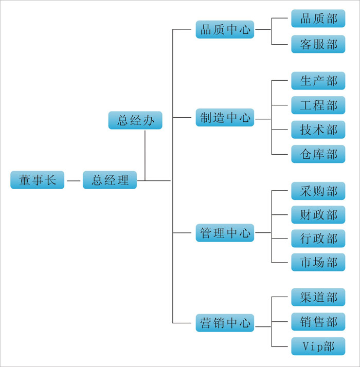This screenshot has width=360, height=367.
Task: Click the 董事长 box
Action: coord(38,180)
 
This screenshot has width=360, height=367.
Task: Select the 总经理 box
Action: coord(110,180)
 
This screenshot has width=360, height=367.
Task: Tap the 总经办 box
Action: coord(135,120)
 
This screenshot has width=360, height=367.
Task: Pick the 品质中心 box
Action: coord(225,29)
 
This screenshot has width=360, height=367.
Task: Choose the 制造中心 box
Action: coord(225,118)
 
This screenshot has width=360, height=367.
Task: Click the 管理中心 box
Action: coord(225,233)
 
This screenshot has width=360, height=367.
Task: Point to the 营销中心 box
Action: coord(225,323)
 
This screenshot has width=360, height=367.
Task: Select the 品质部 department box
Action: coord(318,19)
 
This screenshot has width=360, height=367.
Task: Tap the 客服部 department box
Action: coord(318,44)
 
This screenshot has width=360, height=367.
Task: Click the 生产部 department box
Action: coord(318,81)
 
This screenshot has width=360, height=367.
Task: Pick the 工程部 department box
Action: coord(318,105)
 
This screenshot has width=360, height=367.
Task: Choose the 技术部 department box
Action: coord(318,130)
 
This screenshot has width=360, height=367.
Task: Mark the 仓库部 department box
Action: coord(318,154)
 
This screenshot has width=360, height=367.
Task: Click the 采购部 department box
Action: coord(318,191)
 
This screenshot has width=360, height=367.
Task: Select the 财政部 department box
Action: coord(318,214)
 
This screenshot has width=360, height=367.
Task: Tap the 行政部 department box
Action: coord(318,238)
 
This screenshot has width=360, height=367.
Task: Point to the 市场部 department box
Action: coord(318,262)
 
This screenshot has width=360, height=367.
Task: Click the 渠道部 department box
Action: coord(318,297)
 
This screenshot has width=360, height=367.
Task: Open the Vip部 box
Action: coord(318,346)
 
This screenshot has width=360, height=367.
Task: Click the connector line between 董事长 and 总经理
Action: coord(74,181)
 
